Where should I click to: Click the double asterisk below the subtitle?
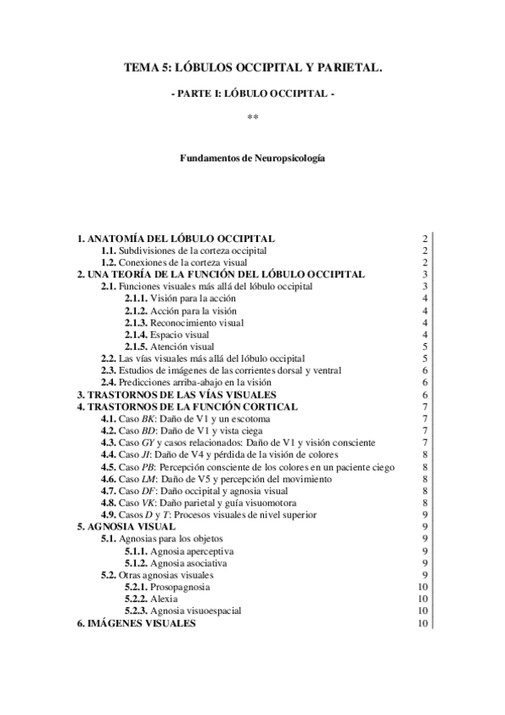coord(252,116)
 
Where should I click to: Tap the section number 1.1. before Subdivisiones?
coord(110,251)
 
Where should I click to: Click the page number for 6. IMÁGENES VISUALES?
coord(423,623)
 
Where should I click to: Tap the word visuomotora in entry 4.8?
coord(263,502)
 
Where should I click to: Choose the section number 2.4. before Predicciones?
coord(110,382)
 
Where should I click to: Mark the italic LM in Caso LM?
coord(148,478)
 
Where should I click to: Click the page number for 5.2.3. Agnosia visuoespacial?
coord(423,610)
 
